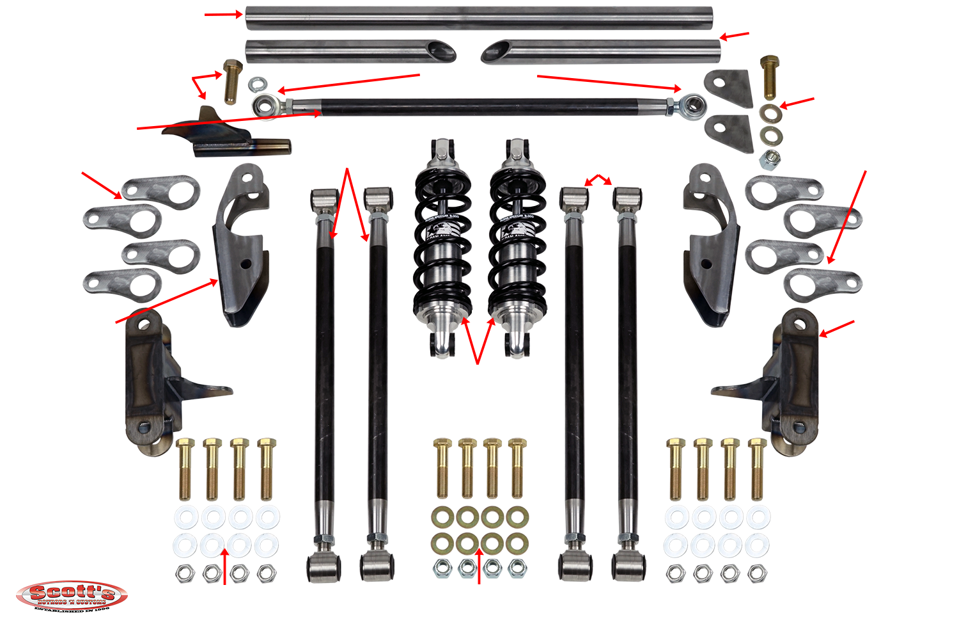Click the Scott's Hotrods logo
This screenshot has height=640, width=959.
71,596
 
